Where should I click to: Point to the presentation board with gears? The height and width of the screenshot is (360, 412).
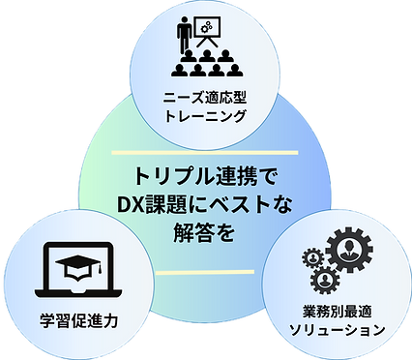[x=210, y=32]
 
